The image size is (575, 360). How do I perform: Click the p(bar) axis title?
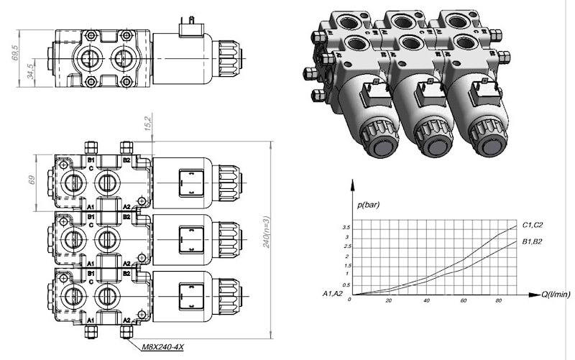coord(367,205)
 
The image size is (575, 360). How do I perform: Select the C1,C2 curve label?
coord(534,223)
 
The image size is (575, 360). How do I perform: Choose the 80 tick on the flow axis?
coord(500,301)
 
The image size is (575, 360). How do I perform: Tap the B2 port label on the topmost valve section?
coord(126,160)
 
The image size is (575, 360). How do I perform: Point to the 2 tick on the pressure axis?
coord(347,257)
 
